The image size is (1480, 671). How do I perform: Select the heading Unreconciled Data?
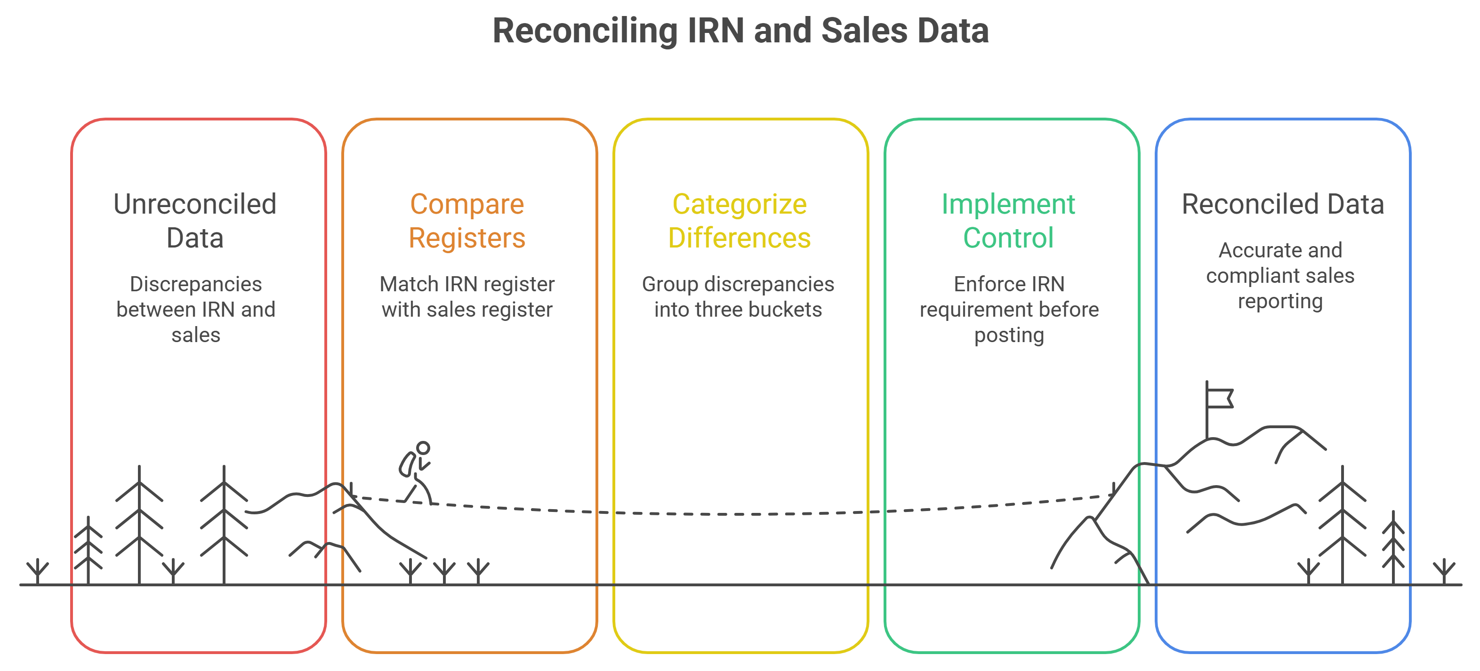(x=195, y=221)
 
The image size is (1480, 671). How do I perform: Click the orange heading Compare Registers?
(x=467, y=221)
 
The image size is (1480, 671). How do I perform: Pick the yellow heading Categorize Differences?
(x=740, y=221)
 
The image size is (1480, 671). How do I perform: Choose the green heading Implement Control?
(x=1008, y=221)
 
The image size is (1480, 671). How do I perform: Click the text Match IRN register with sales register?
(x=467, y=297)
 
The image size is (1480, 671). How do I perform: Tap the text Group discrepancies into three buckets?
(x=738, y=297)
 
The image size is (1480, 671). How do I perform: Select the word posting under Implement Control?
(x=1009, y=335)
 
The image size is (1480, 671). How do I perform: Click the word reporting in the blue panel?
(x=1280, y=302)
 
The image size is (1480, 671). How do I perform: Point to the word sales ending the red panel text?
(x=196, y=335)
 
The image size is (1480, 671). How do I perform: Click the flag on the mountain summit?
(x=1220, y=398)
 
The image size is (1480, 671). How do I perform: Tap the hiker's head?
(x=424, y=447)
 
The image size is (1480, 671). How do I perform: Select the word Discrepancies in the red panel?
(x=196, y=284)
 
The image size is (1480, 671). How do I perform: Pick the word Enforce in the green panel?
(x=980, y=284)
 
